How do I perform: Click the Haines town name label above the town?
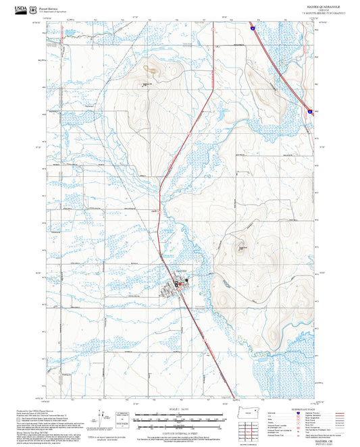tap(180, 271)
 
